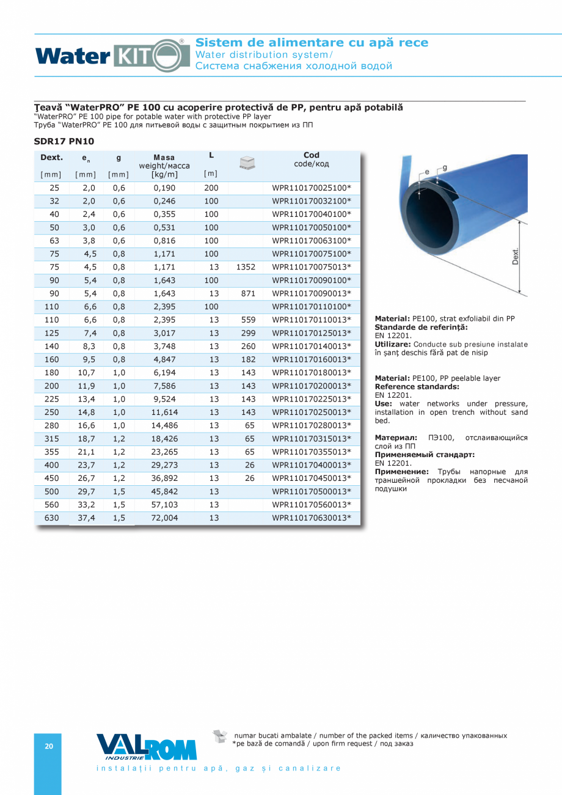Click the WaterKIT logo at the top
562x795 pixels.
click(113, 56)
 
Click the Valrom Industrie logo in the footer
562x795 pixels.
click(147, 747)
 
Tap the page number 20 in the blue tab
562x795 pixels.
click(49, 746)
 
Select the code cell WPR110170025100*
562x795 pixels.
click(312, 188)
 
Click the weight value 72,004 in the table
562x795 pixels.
click(165, 518)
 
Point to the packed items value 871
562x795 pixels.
click(248, 293)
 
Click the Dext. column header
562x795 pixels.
click(51, 158)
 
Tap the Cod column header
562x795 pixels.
click(312, 155)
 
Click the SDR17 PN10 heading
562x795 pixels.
click(64, 141)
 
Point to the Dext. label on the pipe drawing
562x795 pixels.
click(514, 256)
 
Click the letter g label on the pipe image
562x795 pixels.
click(445, 167)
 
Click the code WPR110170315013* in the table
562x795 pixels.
click(312, 439)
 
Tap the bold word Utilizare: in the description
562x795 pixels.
click(393, 345)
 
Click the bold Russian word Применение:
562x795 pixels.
click(401, 472)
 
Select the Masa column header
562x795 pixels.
click(164, 158)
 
